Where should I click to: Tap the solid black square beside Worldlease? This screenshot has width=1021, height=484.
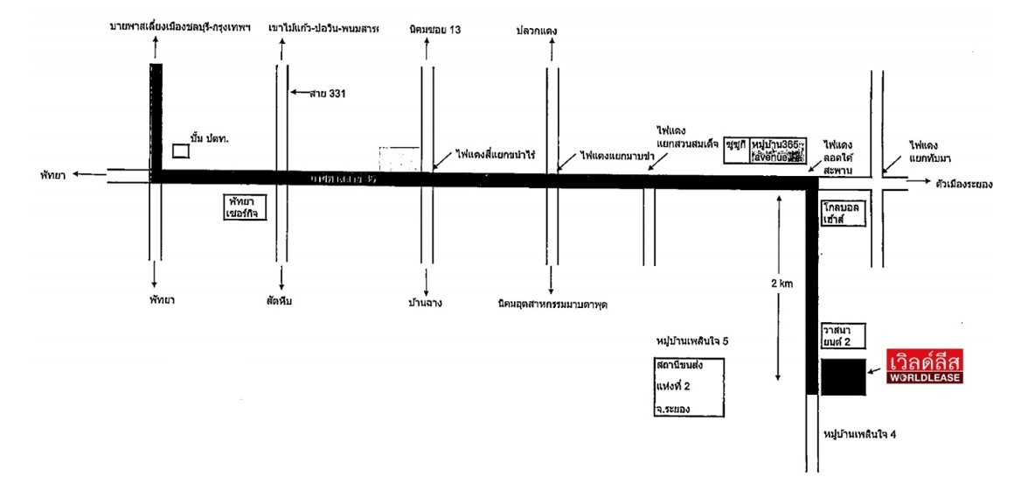pos(844,376)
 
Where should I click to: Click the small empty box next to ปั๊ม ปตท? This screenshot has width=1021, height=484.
pos(181,150)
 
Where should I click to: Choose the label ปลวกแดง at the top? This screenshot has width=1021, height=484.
pos(537,32)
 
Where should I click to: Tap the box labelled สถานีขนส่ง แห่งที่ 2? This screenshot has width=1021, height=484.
pos(688,386)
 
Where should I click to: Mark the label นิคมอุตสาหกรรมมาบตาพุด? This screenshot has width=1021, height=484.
pos(550,305)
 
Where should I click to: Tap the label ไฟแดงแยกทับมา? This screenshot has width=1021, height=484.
pos(932,151)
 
